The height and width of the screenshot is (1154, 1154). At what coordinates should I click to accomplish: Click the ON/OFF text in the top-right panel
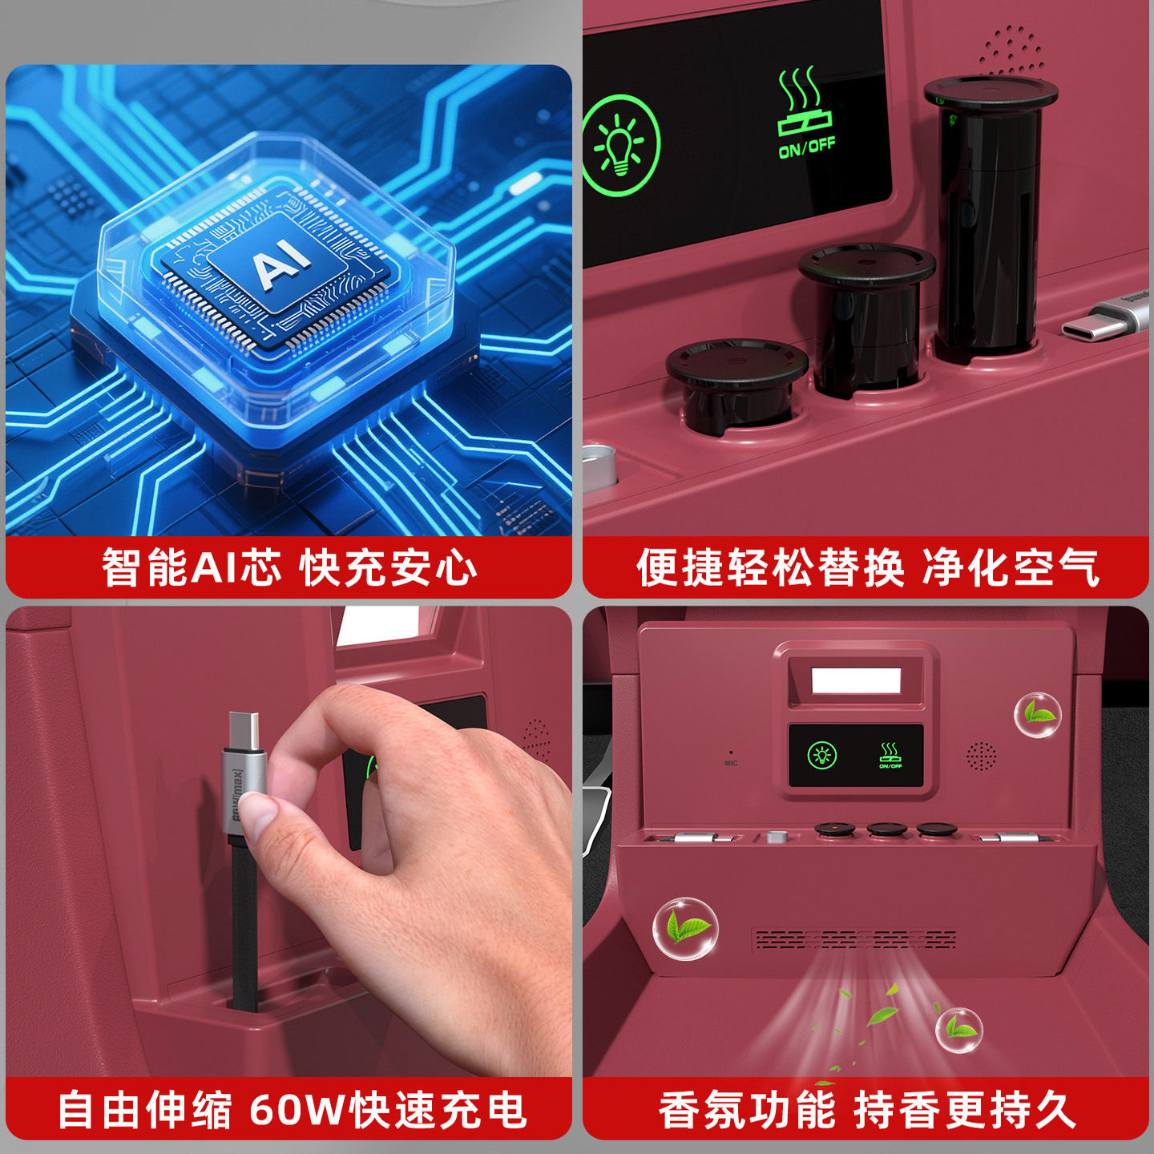(x=806, y=147)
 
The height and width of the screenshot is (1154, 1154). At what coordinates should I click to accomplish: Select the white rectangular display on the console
(x=856, y=680)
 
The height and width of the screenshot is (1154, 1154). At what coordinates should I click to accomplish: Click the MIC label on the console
(x=731, y=763)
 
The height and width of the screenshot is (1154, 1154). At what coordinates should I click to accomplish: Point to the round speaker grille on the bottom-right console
(x=981, y=755)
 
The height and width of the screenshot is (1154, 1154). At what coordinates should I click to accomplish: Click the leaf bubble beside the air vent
(x=684, y=929)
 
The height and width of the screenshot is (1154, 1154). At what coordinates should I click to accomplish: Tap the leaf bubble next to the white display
(x=1038, y=713)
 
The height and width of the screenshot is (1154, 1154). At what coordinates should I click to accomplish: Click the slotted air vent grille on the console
(x=854, y=938)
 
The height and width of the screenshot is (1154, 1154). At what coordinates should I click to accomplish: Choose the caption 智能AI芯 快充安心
(x=288, y=568)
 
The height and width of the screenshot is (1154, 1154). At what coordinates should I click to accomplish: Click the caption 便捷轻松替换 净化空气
(x=867, y=568)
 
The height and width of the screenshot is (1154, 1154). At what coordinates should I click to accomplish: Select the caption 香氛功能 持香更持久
(x=867, y=1110)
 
